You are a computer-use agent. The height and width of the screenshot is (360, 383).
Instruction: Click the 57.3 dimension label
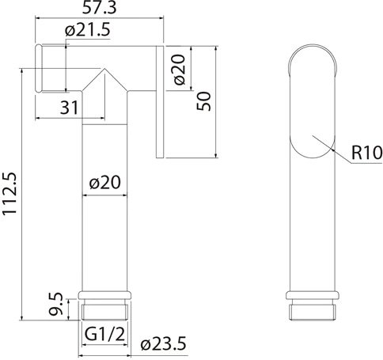point(99,9)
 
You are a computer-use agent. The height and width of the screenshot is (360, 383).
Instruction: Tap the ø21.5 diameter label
point(88,30)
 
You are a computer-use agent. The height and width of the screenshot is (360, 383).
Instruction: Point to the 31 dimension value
point(70,108)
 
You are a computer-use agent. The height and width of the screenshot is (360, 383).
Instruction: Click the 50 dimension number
point(204,101)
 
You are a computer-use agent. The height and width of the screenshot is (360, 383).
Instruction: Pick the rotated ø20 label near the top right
point(180,70)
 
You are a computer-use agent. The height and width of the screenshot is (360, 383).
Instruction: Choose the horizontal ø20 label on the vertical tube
point(105,182)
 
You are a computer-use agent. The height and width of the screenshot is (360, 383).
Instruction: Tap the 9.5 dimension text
point(56,304)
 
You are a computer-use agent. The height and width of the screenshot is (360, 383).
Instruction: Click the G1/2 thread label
point(104,335)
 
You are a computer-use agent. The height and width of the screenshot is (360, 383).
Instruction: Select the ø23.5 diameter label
point(164,344)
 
